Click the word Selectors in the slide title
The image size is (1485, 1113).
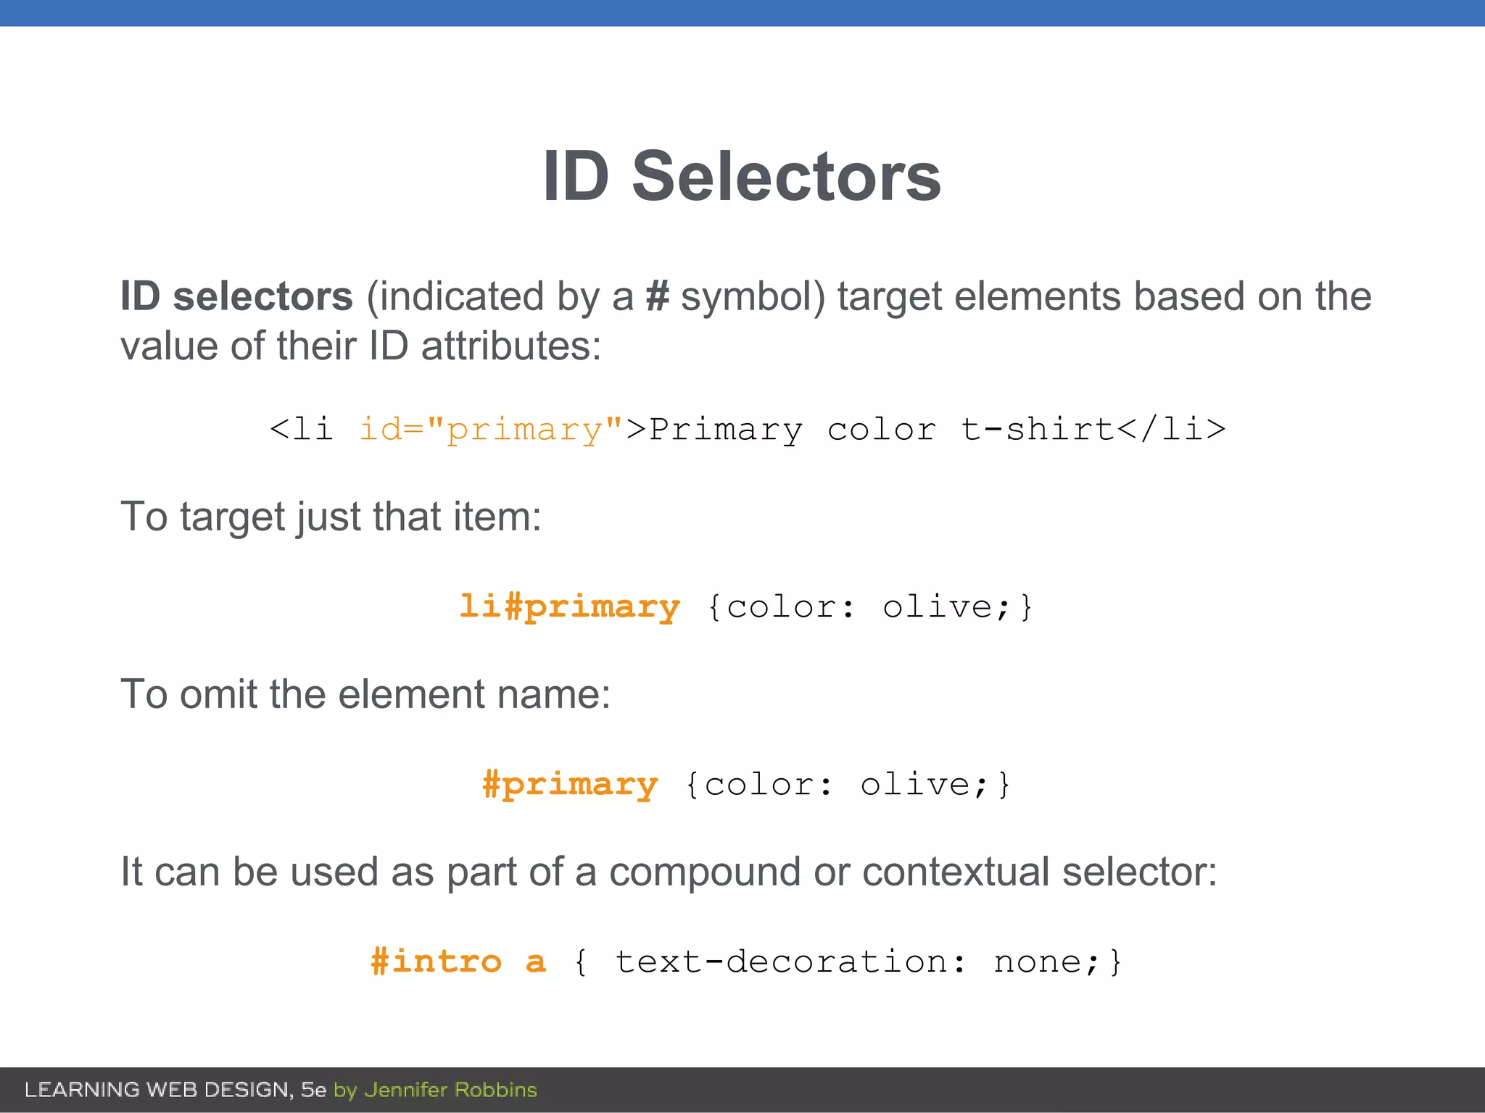786,177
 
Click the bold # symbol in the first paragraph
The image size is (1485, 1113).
657,296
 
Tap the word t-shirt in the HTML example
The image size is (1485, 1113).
1038,429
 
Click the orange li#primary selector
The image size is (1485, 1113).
570,606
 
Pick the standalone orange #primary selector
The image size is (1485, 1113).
570,784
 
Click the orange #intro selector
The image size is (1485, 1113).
436,962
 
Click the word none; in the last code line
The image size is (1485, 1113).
1047,962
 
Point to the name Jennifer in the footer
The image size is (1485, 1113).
406,1090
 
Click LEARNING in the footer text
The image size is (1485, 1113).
82,1090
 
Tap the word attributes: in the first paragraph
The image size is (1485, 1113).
510,346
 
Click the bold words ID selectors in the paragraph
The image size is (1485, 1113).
236,296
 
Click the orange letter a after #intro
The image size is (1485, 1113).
535,962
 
